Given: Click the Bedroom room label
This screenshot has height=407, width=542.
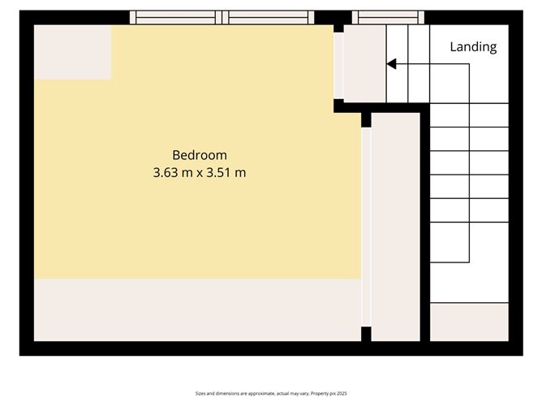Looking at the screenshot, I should [199, 154].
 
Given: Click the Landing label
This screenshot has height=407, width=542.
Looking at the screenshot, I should [473, 47].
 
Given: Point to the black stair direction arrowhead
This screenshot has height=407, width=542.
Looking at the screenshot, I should [390, 64].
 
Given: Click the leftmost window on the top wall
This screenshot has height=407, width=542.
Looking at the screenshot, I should [177, 17].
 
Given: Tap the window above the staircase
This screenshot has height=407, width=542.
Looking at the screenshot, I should [388, 17].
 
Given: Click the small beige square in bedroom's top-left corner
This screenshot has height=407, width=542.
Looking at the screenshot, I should [72, 52].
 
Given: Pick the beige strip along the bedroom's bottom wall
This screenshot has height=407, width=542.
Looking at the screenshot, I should [196, 310].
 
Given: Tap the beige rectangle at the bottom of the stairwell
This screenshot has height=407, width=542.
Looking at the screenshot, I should [468, 322].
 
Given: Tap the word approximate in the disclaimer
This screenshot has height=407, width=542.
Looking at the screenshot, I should [256, 394].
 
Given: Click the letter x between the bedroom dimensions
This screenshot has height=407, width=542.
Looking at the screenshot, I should [199, 172].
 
